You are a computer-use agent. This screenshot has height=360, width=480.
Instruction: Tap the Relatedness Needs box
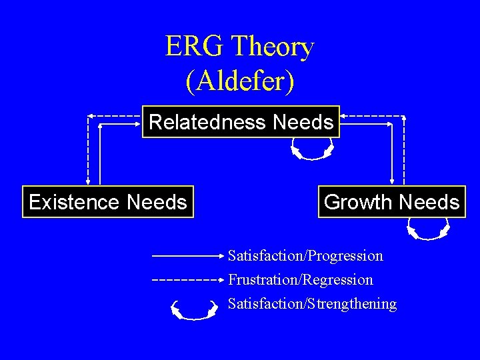pyautogui.click(x=241, y=122)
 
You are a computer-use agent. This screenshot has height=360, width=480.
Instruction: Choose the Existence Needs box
pyautogui.click(x=108, y=202)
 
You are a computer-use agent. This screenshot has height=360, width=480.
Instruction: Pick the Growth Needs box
pyautogui.click(x=391, y=202)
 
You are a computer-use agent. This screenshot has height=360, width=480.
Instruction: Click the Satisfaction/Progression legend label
pyautogui.click(x=305, y=256)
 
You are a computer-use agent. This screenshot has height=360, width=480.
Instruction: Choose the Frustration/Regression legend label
pyautogui.click(x=301, y=280)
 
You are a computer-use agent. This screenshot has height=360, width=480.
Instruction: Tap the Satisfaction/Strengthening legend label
pyautogui.click(x=312, y=304)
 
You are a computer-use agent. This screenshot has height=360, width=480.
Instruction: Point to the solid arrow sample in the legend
pyautogui.click(x=187, y=255)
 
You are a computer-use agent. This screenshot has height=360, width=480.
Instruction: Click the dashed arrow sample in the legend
pyautogui.click(x=187, y=280)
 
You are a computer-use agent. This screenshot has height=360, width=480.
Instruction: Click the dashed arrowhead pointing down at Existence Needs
pyautogui.click(x=87, y=181)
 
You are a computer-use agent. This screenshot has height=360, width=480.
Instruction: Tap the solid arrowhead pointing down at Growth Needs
pyautogui.click(x=393, y=181)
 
